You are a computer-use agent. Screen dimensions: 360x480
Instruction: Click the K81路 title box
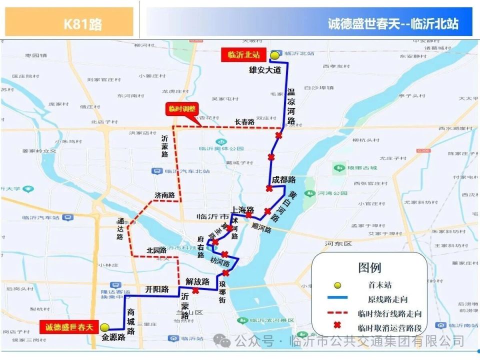click(69, 22)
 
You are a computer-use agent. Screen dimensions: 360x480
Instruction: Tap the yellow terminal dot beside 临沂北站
click(274, 55)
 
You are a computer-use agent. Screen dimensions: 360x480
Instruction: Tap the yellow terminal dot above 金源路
click(104, 327)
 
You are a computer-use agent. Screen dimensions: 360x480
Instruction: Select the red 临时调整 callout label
click(181, 109)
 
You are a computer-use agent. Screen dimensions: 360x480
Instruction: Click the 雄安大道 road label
click(265, 70)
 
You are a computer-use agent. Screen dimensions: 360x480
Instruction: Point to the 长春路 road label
click(244, 121)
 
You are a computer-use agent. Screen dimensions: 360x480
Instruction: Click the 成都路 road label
click(283, 179)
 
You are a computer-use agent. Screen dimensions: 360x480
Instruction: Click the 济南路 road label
click(164, 195)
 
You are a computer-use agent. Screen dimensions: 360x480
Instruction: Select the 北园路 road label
click(156, 249)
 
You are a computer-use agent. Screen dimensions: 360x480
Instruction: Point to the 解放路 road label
click(197, 281)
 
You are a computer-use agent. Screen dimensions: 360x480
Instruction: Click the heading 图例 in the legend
click(369, 267)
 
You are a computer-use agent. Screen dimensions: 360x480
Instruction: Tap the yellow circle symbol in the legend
click(337, 285)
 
